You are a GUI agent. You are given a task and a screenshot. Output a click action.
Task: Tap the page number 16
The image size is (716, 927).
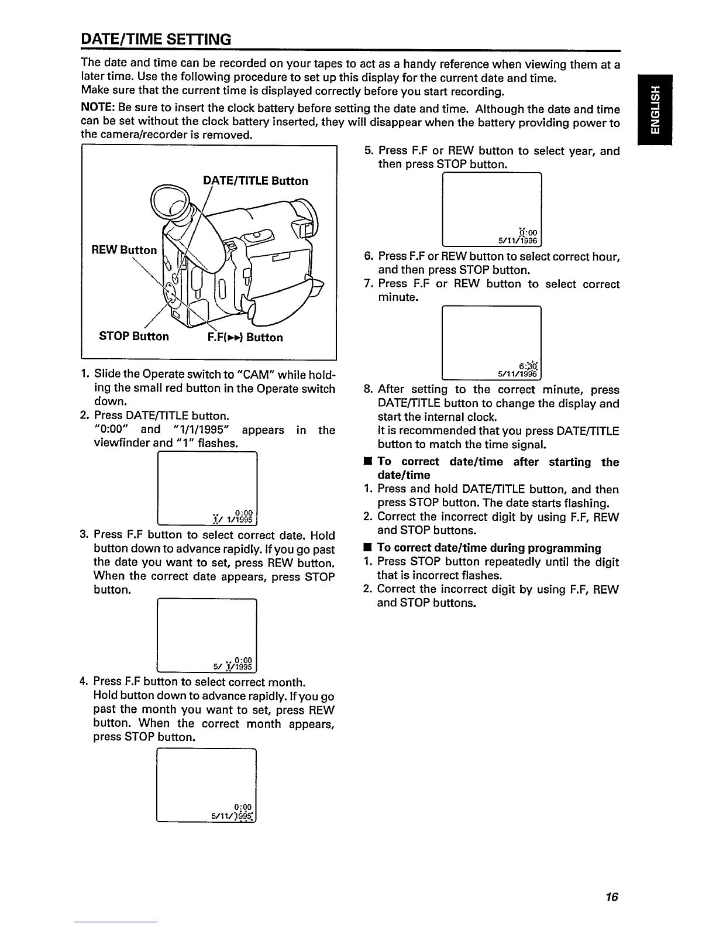[612, 897]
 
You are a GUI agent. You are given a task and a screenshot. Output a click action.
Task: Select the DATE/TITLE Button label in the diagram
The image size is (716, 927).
[255, 181]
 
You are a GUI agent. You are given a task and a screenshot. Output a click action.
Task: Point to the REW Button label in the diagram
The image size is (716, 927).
[124, 250]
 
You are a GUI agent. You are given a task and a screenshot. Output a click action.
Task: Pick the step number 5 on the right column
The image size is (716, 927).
[368, 151]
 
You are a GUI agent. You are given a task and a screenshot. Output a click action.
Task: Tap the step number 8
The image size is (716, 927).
[368, 390]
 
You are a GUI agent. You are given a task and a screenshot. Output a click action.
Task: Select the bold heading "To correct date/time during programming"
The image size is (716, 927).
[489, 548]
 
